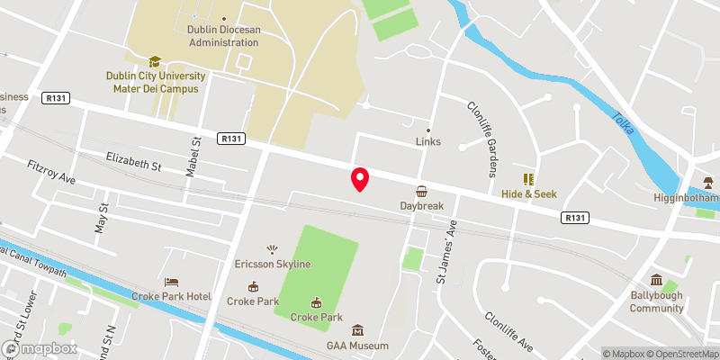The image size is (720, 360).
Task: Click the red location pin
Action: (360, 179)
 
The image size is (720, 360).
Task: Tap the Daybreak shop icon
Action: (422, 192)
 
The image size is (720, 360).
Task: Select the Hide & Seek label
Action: (529, 193)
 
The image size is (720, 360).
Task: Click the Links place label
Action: (428, 142)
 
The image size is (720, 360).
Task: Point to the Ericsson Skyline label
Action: (273, 264)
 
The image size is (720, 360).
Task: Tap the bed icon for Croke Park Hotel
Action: (173, 282)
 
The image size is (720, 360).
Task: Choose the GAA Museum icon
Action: (357, 330)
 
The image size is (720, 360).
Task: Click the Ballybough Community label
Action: (656, 301)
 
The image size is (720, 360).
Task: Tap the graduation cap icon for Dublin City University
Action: (155, 61)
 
